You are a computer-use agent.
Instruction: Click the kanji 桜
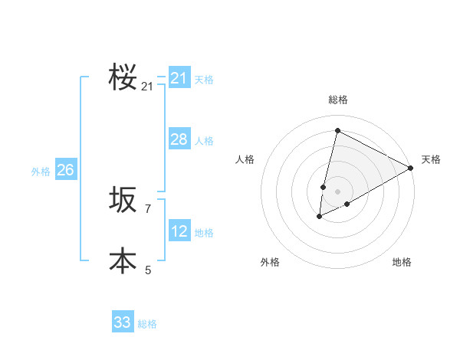pos(123,77)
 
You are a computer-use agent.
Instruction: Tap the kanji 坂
pos(123,200)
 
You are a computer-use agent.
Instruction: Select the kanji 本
pos(123,260)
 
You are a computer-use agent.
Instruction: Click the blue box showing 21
pos(179,78)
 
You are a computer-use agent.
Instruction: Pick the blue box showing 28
pos(179,139)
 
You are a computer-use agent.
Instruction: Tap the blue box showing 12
pos(179,231)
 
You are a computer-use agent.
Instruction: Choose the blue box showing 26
pos(65,170)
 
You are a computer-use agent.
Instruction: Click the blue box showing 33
pos(122,322)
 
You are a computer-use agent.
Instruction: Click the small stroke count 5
pos(148,270)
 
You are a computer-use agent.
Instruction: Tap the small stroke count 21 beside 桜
pos(147,87)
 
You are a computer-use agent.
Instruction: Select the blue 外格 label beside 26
pos(41,172)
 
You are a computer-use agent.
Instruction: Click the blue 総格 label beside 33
pos(147,324)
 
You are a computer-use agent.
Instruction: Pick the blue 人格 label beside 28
pos(204,141)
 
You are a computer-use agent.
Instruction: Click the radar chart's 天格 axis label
pos(431,159)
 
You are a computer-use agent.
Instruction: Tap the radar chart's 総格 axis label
pos(337,100)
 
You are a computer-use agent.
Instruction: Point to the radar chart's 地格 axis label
pos(402,262)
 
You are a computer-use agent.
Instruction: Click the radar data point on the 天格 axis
pos(411,168)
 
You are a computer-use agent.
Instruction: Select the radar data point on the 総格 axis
pos(337,130)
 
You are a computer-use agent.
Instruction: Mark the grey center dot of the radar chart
pos(337,191)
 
